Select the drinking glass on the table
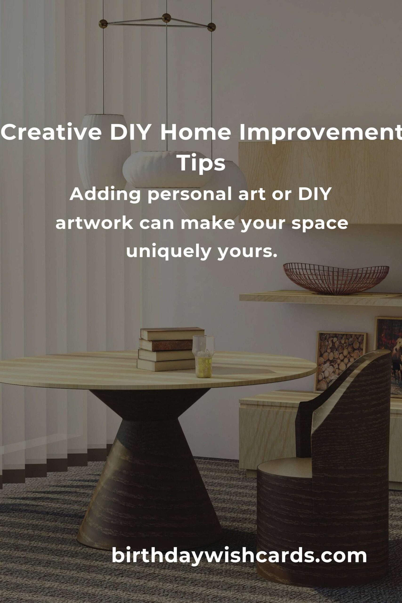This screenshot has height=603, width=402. click(x=203, y=357)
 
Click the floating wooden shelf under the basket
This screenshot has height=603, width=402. click(x=321, y=298)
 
